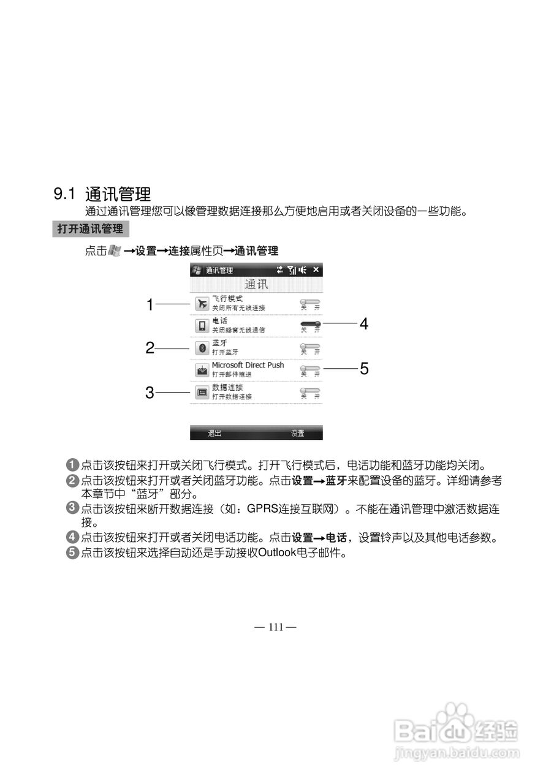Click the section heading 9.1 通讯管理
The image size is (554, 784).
coord(102,195)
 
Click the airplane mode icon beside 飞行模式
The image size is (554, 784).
coord(202,303)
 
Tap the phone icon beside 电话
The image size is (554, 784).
coord(202,325)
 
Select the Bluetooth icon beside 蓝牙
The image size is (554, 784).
coord(202,348)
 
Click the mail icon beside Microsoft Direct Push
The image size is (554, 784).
coord(202,370)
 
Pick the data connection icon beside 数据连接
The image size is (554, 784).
coord(202,393)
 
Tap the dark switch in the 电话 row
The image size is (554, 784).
coord(310,323)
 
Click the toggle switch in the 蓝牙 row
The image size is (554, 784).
coord(309,346)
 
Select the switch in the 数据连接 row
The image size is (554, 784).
coord(309,390)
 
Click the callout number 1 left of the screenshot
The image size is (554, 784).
coord(150,304)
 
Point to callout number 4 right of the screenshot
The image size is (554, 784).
coord(364,324)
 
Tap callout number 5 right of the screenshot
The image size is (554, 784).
coord(364,369)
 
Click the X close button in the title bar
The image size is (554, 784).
coord(316,269)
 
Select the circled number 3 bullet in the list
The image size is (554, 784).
coord(72,508)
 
